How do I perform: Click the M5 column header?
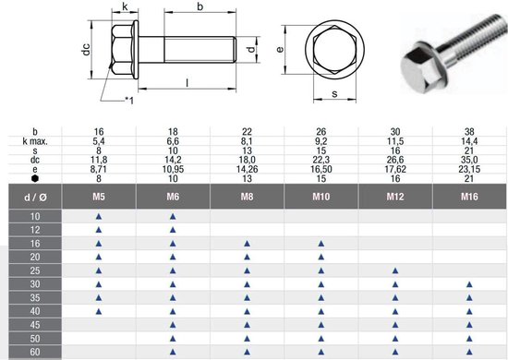coord(98,197)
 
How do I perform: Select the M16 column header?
coord(470,197)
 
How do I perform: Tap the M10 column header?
coord(321,197)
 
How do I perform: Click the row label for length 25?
coord(34,270)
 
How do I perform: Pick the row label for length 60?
coord(34,352)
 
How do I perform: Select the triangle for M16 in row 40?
coord(470,311)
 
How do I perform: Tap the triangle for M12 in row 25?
coord(395,270)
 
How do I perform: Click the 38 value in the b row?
coord(470,133)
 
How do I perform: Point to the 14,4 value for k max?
coord(470,141)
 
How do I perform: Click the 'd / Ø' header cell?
coord(34,197)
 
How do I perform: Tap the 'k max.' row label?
coord(34,141)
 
